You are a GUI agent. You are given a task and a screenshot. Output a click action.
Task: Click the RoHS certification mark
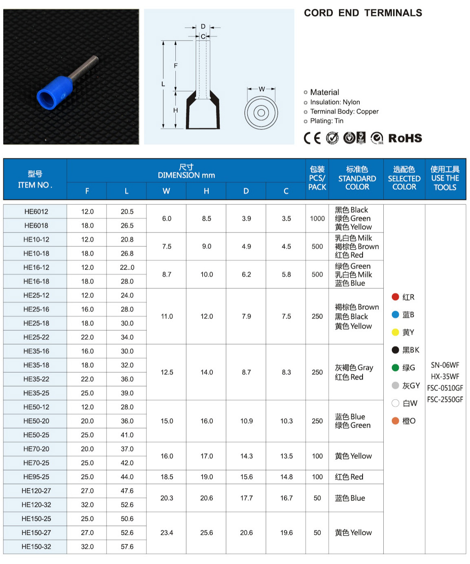[405, 138]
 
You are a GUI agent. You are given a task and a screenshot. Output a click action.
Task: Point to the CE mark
[312, 138]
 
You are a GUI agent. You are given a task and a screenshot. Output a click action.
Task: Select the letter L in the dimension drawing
[163, 84]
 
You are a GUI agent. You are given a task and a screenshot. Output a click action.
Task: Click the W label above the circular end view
[262, 89]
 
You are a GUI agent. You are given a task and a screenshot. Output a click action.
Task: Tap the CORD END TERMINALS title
[363, 13]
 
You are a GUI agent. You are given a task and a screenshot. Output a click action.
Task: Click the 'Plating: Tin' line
[326, 121]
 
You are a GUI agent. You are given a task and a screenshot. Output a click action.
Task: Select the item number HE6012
[36, 211]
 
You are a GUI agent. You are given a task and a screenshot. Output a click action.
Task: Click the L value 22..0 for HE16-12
[127, 268]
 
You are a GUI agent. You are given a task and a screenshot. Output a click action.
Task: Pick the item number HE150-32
[36, 546]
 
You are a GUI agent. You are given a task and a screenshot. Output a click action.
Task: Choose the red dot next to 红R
[395, 297]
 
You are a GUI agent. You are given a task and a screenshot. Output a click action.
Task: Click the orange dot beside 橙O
[395, 421]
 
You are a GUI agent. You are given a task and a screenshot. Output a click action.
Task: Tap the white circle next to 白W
[395, 403]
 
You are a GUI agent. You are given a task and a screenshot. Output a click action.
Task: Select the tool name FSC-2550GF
[445, 399]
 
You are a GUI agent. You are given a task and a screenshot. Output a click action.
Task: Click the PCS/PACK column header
[317, 178]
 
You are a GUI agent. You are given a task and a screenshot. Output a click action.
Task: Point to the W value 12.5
[167, 372]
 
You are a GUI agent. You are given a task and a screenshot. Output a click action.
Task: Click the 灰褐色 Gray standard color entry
[354, 368]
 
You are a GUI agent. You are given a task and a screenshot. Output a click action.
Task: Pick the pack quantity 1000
[317, 219]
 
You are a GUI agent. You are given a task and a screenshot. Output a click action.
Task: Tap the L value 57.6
[127, 546]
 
